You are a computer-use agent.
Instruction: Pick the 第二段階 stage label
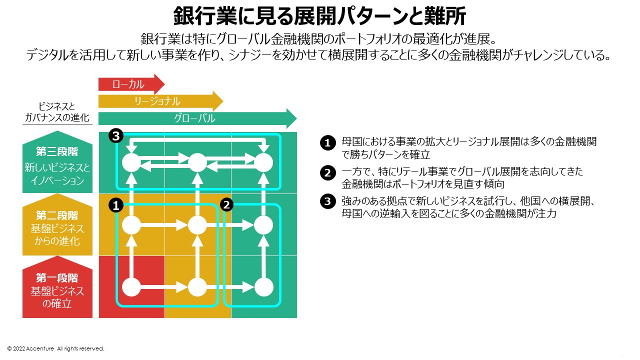tap(57, 215)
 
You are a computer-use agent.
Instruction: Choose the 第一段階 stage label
tap(57, 278)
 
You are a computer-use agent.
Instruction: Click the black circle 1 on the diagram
tap(116, 205)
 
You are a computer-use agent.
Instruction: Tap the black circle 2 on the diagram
tap(227, 205)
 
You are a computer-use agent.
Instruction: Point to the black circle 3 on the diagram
tap(116, 136)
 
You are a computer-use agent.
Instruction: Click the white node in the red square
tap(131, 287)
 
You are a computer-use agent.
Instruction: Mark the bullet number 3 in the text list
tap(327, 202)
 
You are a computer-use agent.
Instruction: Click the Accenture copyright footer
tap(56, 348)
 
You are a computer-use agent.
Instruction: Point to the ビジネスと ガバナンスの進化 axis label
tap(57, 112)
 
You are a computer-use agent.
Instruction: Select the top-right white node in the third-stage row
tap(263, 162)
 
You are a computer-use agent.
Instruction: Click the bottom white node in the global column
tap(263, 287)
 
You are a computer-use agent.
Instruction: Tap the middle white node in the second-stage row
tap(197, 225)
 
